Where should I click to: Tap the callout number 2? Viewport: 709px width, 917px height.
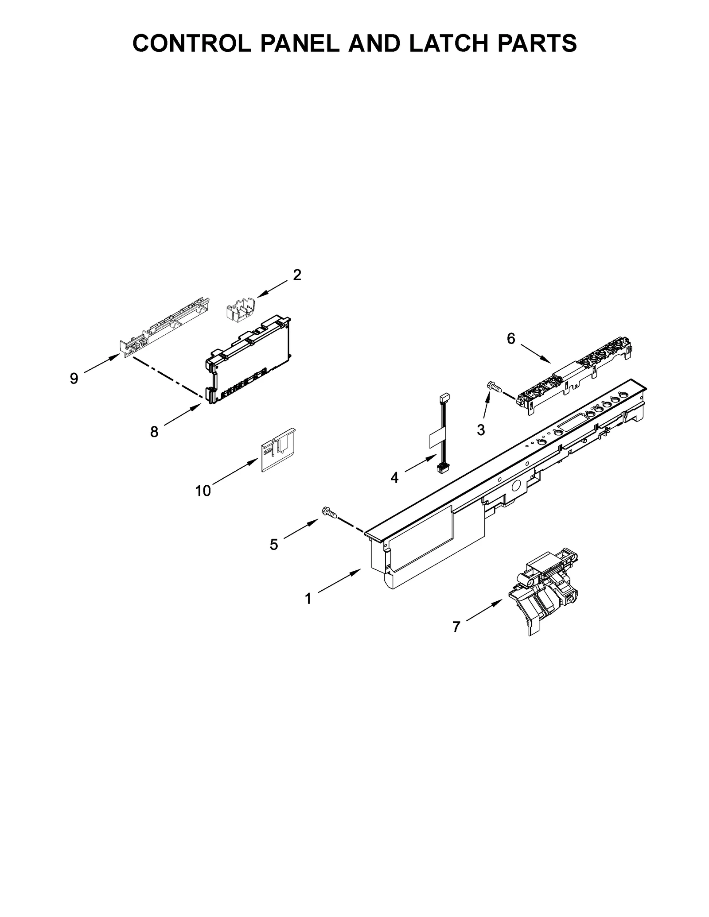pos(297,275)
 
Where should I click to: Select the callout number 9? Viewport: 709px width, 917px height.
pos(74,378)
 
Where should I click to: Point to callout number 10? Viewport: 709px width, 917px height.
pos(203,491)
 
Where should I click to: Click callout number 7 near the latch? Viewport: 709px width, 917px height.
pos(456,627)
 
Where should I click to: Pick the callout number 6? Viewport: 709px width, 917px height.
pos(511,339)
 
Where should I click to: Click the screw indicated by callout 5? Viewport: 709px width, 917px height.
pos(329,513)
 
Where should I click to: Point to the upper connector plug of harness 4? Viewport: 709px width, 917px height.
pos(444,398)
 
